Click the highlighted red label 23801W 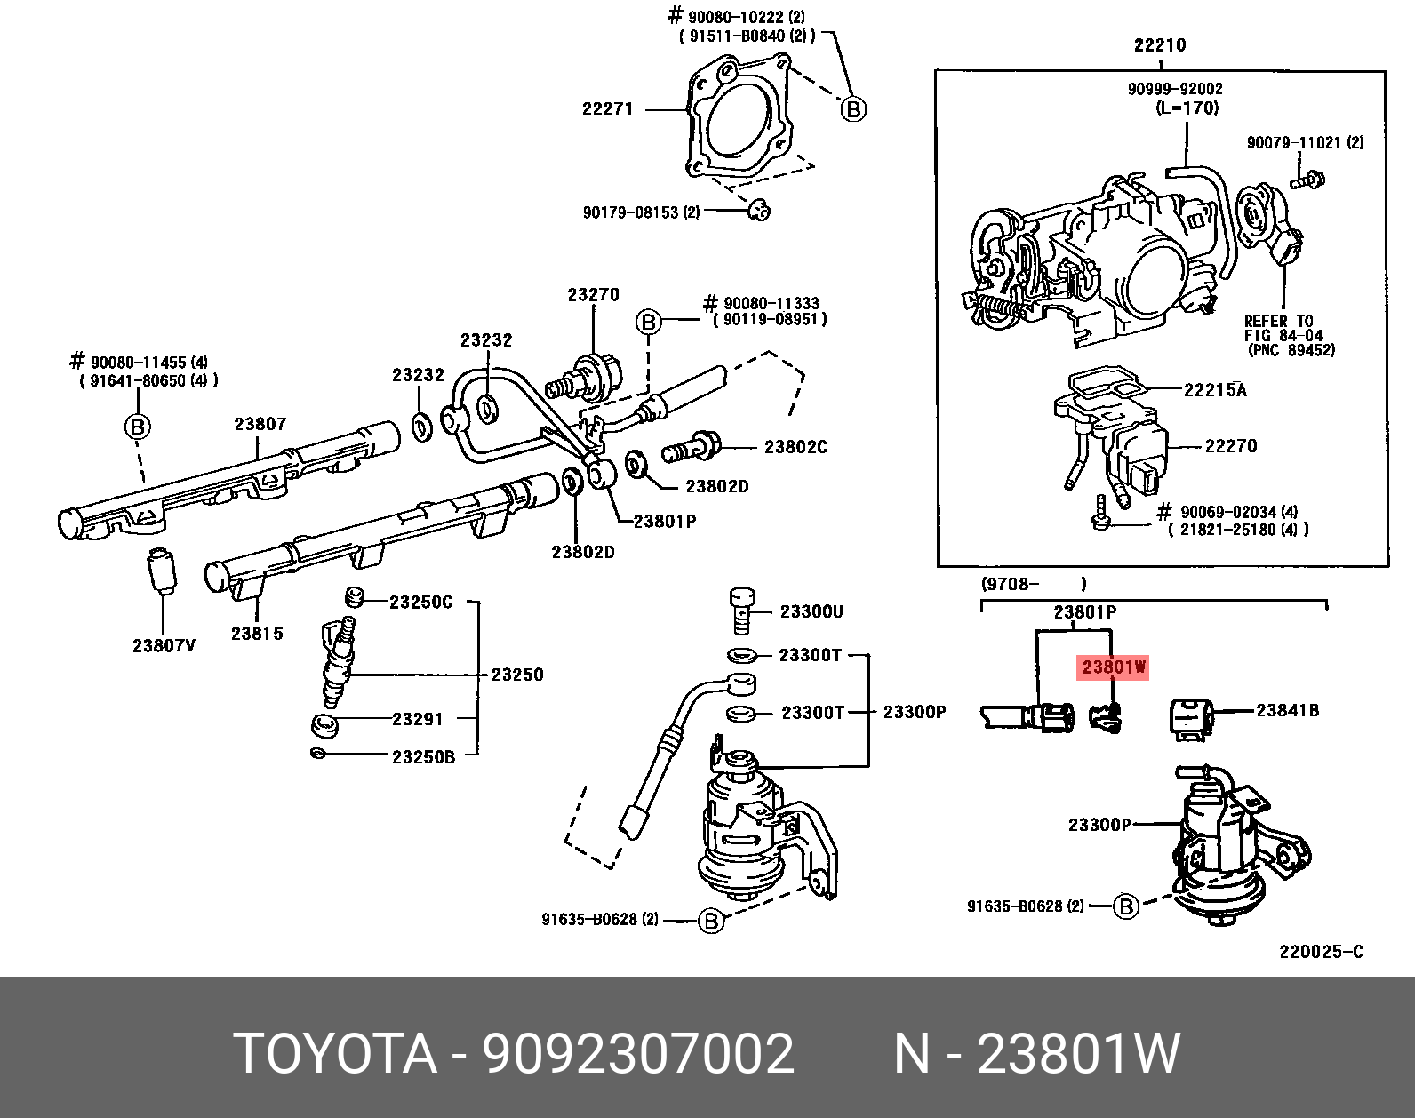1113,667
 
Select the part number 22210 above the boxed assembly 1159,45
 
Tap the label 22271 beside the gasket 607,109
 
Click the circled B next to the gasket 853,109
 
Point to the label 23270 593,295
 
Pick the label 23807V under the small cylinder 164,646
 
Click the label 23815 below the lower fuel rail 257,634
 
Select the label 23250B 423,757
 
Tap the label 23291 418,719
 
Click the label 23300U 811,611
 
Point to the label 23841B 1287,710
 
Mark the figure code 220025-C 1321,952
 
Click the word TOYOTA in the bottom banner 335,1054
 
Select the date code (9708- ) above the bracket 1033,584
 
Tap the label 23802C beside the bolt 795,447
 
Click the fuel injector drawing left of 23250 337,662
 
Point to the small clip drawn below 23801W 1106,716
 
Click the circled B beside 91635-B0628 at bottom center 710,921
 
